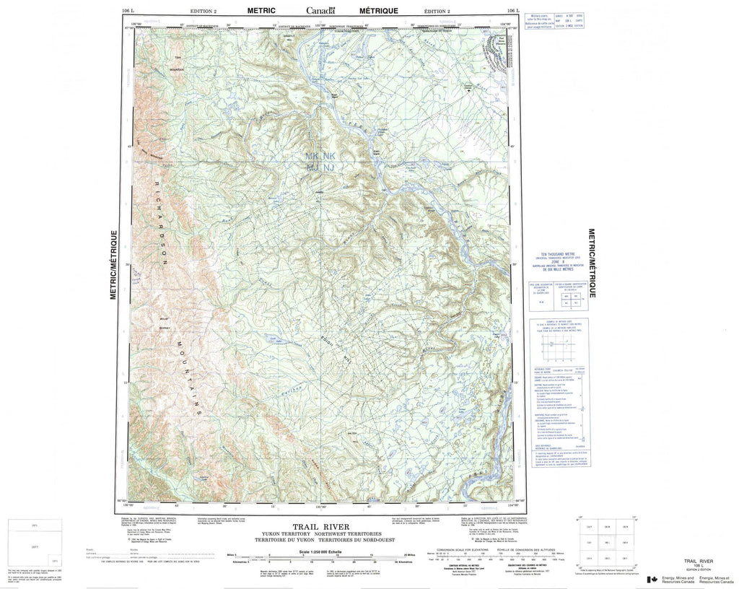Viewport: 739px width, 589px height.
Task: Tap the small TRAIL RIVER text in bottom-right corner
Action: pos(691,561)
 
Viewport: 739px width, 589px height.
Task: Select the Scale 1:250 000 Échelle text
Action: pos(322,551)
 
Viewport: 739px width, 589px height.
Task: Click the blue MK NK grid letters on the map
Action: pos(320,156)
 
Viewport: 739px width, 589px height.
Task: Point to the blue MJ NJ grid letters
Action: pos(320,167)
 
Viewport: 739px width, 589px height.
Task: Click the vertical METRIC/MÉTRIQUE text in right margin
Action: pos(592,264)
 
